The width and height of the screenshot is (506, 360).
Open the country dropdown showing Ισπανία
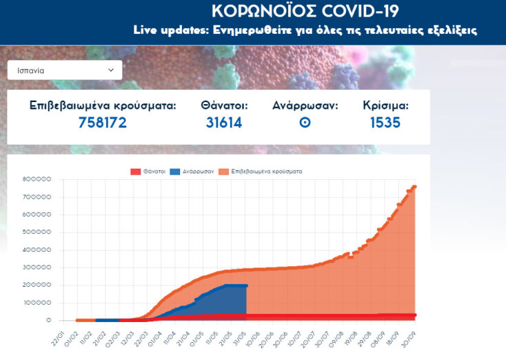64,70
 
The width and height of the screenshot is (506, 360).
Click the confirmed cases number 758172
102,123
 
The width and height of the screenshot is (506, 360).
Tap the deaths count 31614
224,123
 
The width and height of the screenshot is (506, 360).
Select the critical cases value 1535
385,123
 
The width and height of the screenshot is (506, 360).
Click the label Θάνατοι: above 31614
224,106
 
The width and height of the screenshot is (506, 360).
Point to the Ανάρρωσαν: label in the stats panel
305,106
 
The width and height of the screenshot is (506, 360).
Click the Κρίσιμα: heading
385,106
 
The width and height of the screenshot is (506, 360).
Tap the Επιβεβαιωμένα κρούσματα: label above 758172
103,106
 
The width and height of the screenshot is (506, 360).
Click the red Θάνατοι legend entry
148,170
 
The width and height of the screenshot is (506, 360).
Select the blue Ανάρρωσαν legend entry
194,170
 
